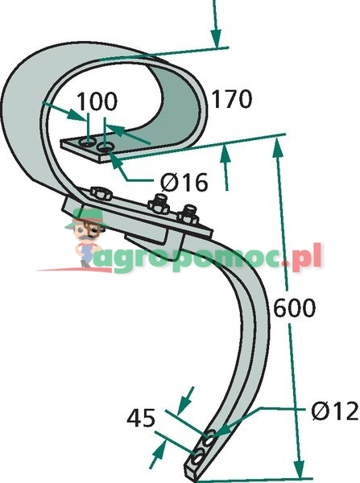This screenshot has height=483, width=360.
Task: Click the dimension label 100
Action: (97, 101)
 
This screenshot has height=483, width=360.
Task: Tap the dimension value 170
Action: (231, 99)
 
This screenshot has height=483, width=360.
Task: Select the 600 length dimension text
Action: (294, 308)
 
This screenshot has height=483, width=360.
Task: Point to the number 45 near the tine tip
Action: (141, 419)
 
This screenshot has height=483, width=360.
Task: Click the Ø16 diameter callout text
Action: (184, 182)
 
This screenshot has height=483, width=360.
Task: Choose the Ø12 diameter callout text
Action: (335, 411)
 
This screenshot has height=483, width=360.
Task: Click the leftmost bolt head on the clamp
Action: (100, 194)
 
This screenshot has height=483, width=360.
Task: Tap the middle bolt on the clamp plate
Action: (159, 204)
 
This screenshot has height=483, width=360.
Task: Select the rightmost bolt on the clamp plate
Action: (188, 215)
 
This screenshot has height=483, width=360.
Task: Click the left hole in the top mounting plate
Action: (87, 142)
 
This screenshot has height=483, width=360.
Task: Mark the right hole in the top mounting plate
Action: (106, 147)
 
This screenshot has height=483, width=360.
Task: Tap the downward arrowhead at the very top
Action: (216, 39)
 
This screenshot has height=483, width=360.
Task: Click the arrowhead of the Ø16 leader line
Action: (114, 160)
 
